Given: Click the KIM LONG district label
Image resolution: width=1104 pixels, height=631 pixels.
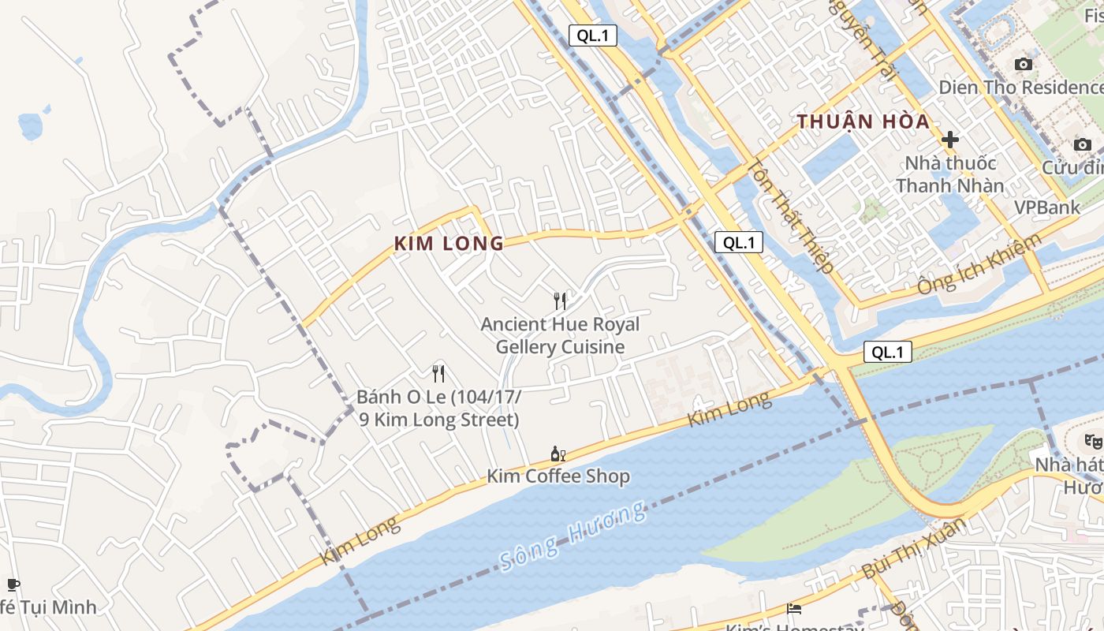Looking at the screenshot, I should [449, 243].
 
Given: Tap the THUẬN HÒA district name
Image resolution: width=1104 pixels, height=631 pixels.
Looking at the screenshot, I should [863, 122].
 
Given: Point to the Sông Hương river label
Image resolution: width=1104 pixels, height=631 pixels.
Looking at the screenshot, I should [573, 535].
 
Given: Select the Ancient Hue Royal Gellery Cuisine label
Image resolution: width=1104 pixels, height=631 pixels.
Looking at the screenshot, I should [560, 335].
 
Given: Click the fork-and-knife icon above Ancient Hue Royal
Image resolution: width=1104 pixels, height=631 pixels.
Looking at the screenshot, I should [560, 301].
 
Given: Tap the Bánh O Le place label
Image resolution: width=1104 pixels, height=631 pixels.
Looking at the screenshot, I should [438, 408].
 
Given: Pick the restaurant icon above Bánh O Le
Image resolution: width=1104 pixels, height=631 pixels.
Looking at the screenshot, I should [438, 373].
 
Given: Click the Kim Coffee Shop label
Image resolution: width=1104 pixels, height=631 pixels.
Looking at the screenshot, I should [558, 476].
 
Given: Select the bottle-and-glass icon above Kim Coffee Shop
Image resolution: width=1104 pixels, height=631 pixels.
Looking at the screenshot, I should [558, 454].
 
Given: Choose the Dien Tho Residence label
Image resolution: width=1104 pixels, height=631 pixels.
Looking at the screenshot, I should [1020, 87].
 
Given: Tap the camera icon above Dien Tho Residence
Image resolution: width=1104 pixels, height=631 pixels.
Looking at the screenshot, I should [1023, 64].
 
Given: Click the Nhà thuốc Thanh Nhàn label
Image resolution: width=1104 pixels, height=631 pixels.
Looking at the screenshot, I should [950, 174].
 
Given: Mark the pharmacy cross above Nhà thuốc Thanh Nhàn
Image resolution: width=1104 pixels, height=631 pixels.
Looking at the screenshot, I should [950, 140].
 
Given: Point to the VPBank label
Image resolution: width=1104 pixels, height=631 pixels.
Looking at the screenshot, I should [1046, 207].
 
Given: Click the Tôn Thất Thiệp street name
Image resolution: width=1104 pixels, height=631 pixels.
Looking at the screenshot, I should [790, 216].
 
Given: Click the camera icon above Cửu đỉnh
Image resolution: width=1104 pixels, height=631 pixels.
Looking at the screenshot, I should [1082, 144].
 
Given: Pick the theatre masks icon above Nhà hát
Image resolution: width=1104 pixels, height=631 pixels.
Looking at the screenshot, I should [1092, 441].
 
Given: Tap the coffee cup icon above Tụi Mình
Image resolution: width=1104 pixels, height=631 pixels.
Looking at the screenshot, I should [13, 584].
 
